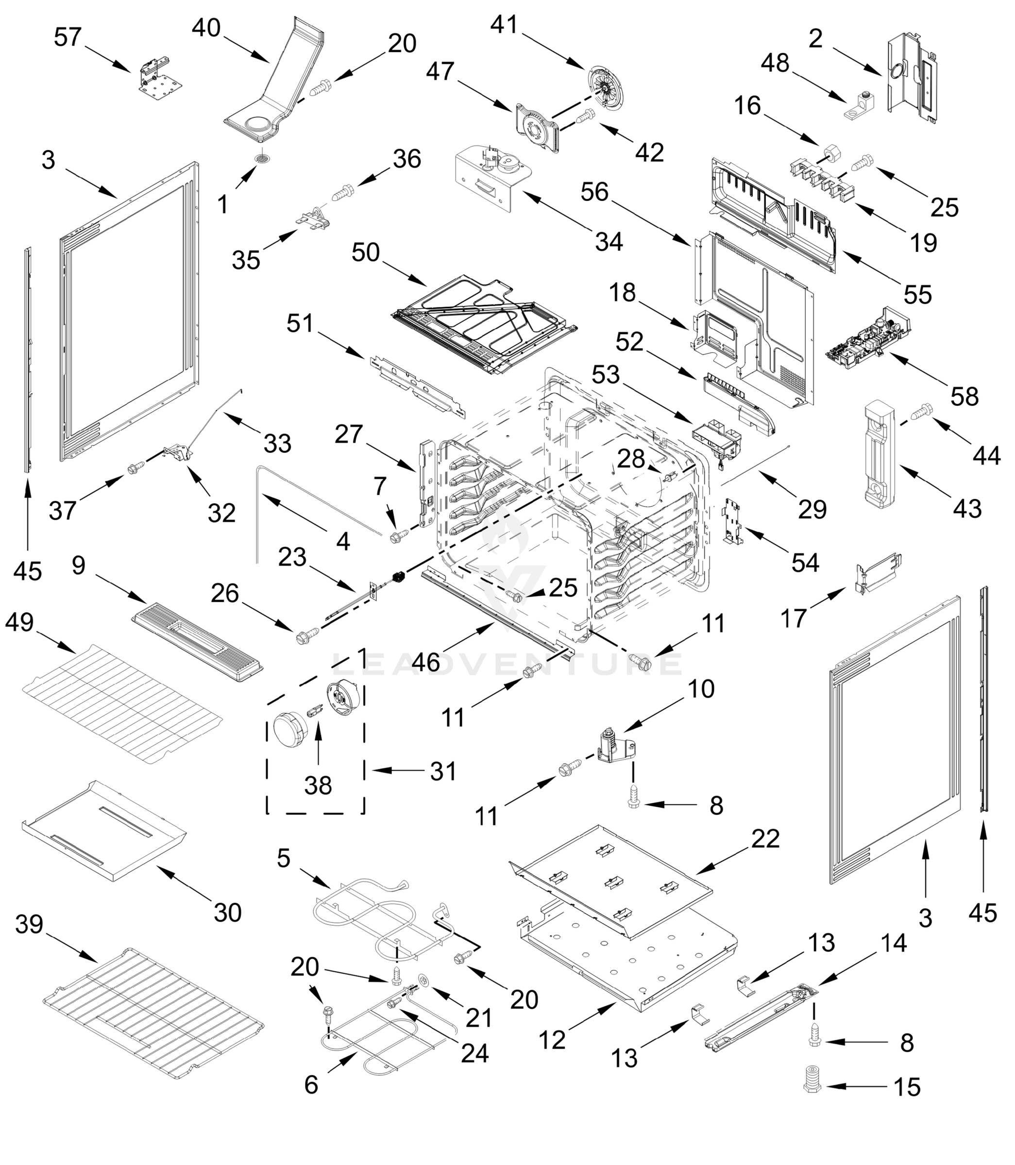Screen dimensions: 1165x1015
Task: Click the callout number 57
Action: (68, 37)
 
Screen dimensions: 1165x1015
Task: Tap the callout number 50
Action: (365, 252)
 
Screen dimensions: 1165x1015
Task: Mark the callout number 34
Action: (609, 242)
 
